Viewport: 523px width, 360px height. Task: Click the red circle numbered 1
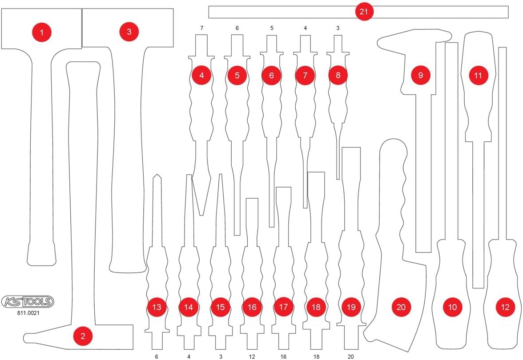42,32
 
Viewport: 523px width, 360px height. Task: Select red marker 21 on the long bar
364,12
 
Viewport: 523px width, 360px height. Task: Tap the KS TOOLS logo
28,302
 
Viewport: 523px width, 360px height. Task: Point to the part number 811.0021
28,313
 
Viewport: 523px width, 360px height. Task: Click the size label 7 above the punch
202,28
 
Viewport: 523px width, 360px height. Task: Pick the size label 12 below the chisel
252,356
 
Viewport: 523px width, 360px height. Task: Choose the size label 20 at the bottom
350,356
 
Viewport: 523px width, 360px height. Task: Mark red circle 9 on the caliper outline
420,75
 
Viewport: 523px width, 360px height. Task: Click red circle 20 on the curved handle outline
401,307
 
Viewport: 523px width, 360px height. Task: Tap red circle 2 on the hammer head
83,336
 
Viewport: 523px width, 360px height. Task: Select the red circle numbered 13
157,307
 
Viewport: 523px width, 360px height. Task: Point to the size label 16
283,356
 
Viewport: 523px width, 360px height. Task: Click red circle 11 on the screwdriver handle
478,75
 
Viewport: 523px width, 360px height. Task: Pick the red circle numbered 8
338,75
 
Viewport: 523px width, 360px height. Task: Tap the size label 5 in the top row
271,28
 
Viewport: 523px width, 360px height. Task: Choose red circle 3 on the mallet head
129,32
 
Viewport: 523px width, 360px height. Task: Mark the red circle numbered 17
283,307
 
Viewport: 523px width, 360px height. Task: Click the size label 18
316,356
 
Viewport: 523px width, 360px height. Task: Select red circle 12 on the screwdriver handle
505,307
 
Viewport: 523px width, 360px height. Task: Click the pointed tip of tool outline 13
157,174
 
